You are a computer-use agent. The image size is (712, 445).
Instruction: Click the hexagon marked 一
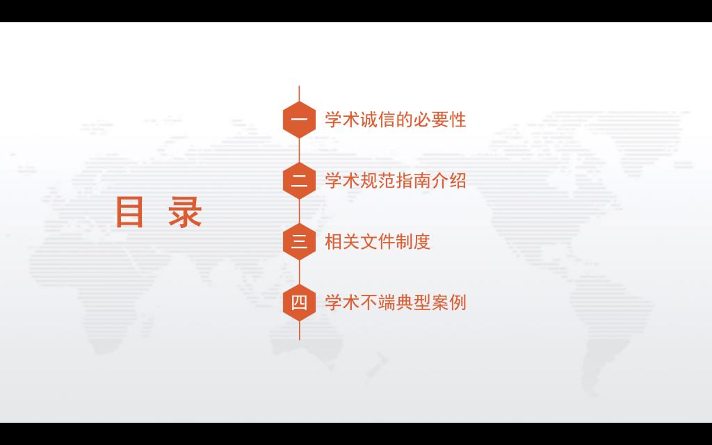tap(299, 120)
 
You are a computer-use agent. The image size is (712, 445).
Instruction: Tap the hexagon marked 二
tap(299, 181)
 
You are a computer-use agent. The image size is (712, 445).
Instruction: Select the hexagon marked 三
tap(299, 241)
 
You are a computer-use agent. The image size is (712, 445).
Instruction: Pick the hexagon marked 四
tap(299, 302)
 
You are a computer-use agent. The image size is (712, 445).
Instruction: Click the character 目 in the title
tap(130, 212)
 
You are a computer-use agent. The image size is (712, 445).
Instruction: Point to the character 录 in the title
tap(185, 212)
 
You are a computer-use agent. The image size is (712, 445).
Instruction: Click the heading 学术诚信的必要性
tap(396, 120)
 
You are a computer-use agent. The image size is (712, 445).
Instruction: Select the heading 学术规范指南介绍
tap(396, 181)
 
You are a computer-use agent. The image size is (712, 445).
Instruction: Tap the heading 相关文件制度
tap(378, 241)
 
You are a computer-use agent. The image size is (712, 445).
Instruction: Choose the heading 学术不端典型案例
tap(396, 302)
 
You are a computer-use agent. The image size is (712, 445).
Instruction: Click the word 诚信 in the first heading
tap(378, 120)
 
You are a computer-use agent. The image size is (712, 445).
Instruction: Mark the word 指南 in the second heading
tap(413, 181)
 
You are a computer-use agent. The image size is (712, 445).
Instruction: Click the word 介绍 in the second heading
tap(448, 181)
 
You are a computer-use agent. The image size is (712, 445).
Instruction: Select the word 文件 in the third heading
tap(378, 241)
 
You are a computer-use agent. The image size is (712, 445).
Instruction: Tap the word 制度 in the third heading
tap(413, 241)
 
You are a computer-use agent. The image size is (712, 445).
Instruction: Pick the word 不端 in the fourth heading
tap(378, 302)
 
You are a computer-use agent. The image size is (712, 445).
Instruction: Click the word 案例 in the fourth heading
tap(448, 302)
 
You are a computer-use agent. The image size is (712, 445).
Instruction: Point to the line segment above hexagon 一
tap(299, 94)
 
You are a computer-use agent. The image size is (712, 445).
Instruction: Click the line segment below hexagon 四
tap(299, 330)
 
